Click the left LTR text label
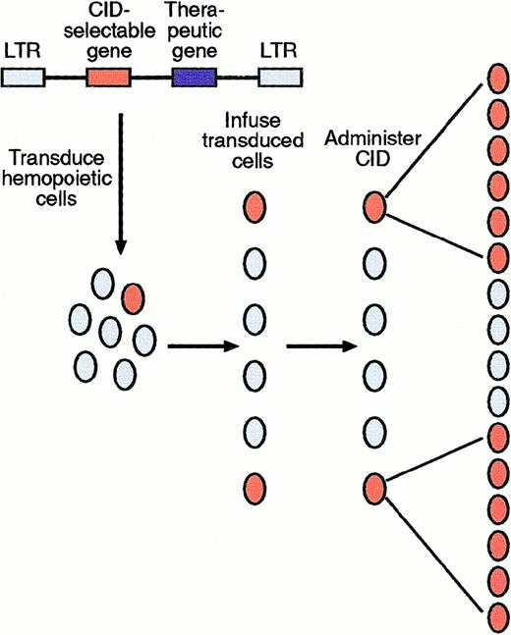tap(23, 48)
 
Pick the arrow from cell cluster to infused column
tap(201, 345)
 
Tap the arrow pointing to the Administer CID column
tap(319, 345)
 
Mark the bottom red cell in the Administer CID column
tap(374, 484)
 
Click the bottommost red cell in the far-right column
tap(497, 617)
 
